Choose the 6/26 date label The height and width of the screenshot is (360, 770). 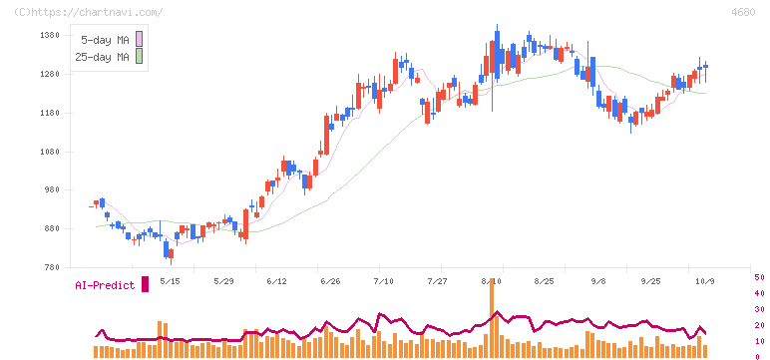tap(329, 281)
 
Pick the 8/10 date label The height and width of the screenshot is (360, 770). tap(491, 281)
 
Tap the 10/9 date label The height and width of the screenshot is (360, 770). tap(705, 281)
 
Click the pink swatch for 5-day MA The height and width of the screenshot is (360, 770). tap(139, 39)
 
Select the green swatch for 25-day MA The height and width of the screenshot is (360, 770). tap(139, 57)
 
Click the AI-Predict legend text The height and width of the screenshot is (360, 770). tap(105, 285)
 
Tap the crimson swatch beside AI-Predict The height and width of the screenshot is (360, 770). tap(145, 284)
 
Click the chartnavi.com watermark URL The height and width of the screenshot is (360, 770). tap(88, 12)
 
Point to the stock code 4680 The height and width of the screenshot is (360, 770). tap(743, 12)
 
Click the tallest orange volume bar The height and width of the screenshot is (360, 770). tap(491, 317)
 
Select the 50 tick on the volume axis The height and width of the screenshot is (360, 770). tap(759, 277)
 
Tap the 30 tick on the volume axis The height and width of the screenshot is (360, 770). tap(759, 309)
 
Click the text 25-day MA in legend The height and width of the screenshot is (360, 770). tap(102, 57)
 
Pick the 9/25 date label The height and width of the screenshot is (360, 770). tap(650, 281)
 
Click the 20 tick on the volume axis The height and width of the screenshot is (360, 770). tap(759, 325)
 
